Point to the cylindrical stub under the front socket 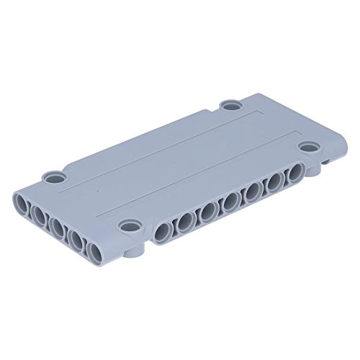coord(136,253)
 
